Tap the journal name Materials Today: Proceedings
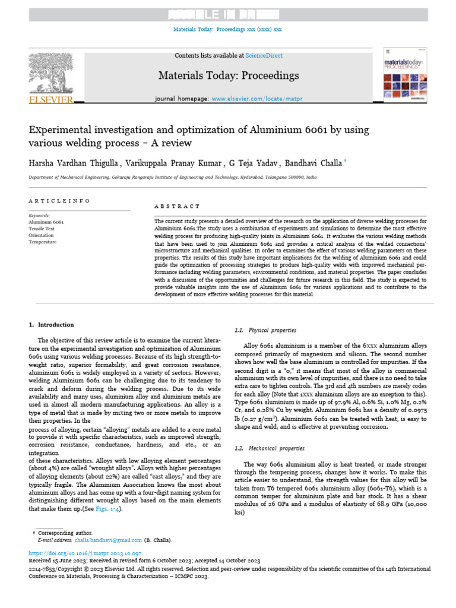point(228,75)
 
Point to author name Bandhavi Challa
point(316,163)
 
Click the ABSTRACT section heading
point(177,206)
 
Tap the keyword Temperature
point(43,242)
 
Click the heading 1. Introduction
point(52,325)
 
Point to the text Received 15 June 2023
point(58,560)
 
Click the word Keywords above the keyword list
point(40,216)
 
